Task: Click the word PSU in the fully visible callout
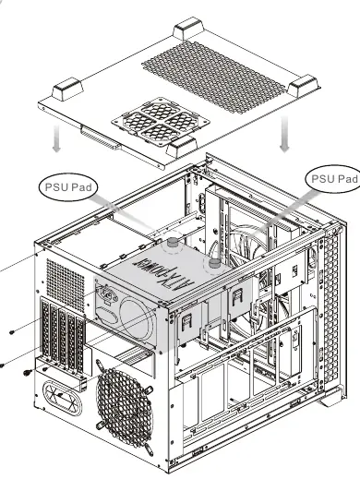point(56,187)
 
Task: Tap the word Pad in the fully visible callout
point(81,187)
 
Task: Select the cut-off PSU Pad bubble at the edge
point(332,179)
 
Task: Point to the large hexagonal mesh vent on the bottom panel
point(213,77)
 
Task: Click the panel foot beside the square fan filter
point(182,146)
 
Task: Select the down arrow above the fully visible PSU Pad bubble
point(56,138)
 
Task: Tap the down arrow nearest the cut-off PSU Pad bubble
point(284,134)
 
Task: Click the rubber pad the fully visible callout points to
point(172,243)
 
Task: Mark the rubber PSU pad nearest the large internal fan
point(214,263)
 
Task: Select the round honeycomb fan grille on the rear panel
point(125,407)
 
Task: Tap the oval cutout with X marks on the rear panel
point(63,398)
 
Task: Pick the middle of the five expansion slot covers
point(63,336)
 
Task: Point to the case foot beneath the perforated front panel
point(332,397)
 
